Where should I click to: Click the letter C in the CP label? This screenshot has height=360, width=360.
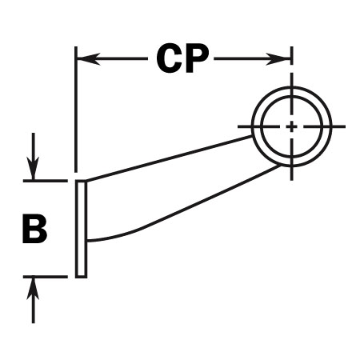[168, 58]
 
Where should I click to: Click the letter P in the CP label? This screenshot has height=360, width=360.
[196, 58]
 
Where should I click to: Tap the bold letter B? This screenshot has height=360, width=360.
[34, 228]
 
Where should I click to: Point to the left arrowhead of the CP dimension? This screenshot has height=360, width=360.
[89, 58]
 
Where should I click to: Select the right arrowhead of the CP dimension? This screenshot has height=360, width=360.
[278, 58]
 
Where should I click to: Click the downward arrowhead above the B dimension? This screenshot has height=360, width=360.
[33, 168]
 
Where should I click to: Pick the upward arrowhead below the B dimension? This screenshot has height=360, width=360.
[33, 288]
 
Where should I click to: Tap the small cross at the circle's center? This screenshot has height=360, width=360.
[291, 126]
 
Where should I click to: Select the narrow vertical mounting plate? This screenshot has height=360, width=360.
[81, 229]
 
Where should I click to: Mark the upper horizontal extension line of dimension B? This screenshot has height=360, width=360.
[45, 181]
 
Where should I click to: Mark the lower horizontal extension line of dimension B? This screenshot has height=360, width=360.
[45, 277]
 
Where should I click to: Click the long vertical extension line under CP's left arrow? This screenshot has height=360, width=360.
[76, 110]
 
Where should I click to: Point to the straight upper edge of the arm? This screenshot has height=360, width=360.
[169, 159]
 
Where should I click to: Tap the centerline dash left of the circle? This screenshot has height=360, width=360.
[245, 126]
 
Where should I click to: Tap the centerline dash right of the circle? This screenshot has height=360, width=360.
[338, 126]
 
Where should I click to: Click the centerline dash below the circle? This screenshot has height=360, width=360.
[292, 174]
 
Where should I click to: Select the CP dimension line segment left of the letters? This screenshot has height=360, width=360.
[113, 58]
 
